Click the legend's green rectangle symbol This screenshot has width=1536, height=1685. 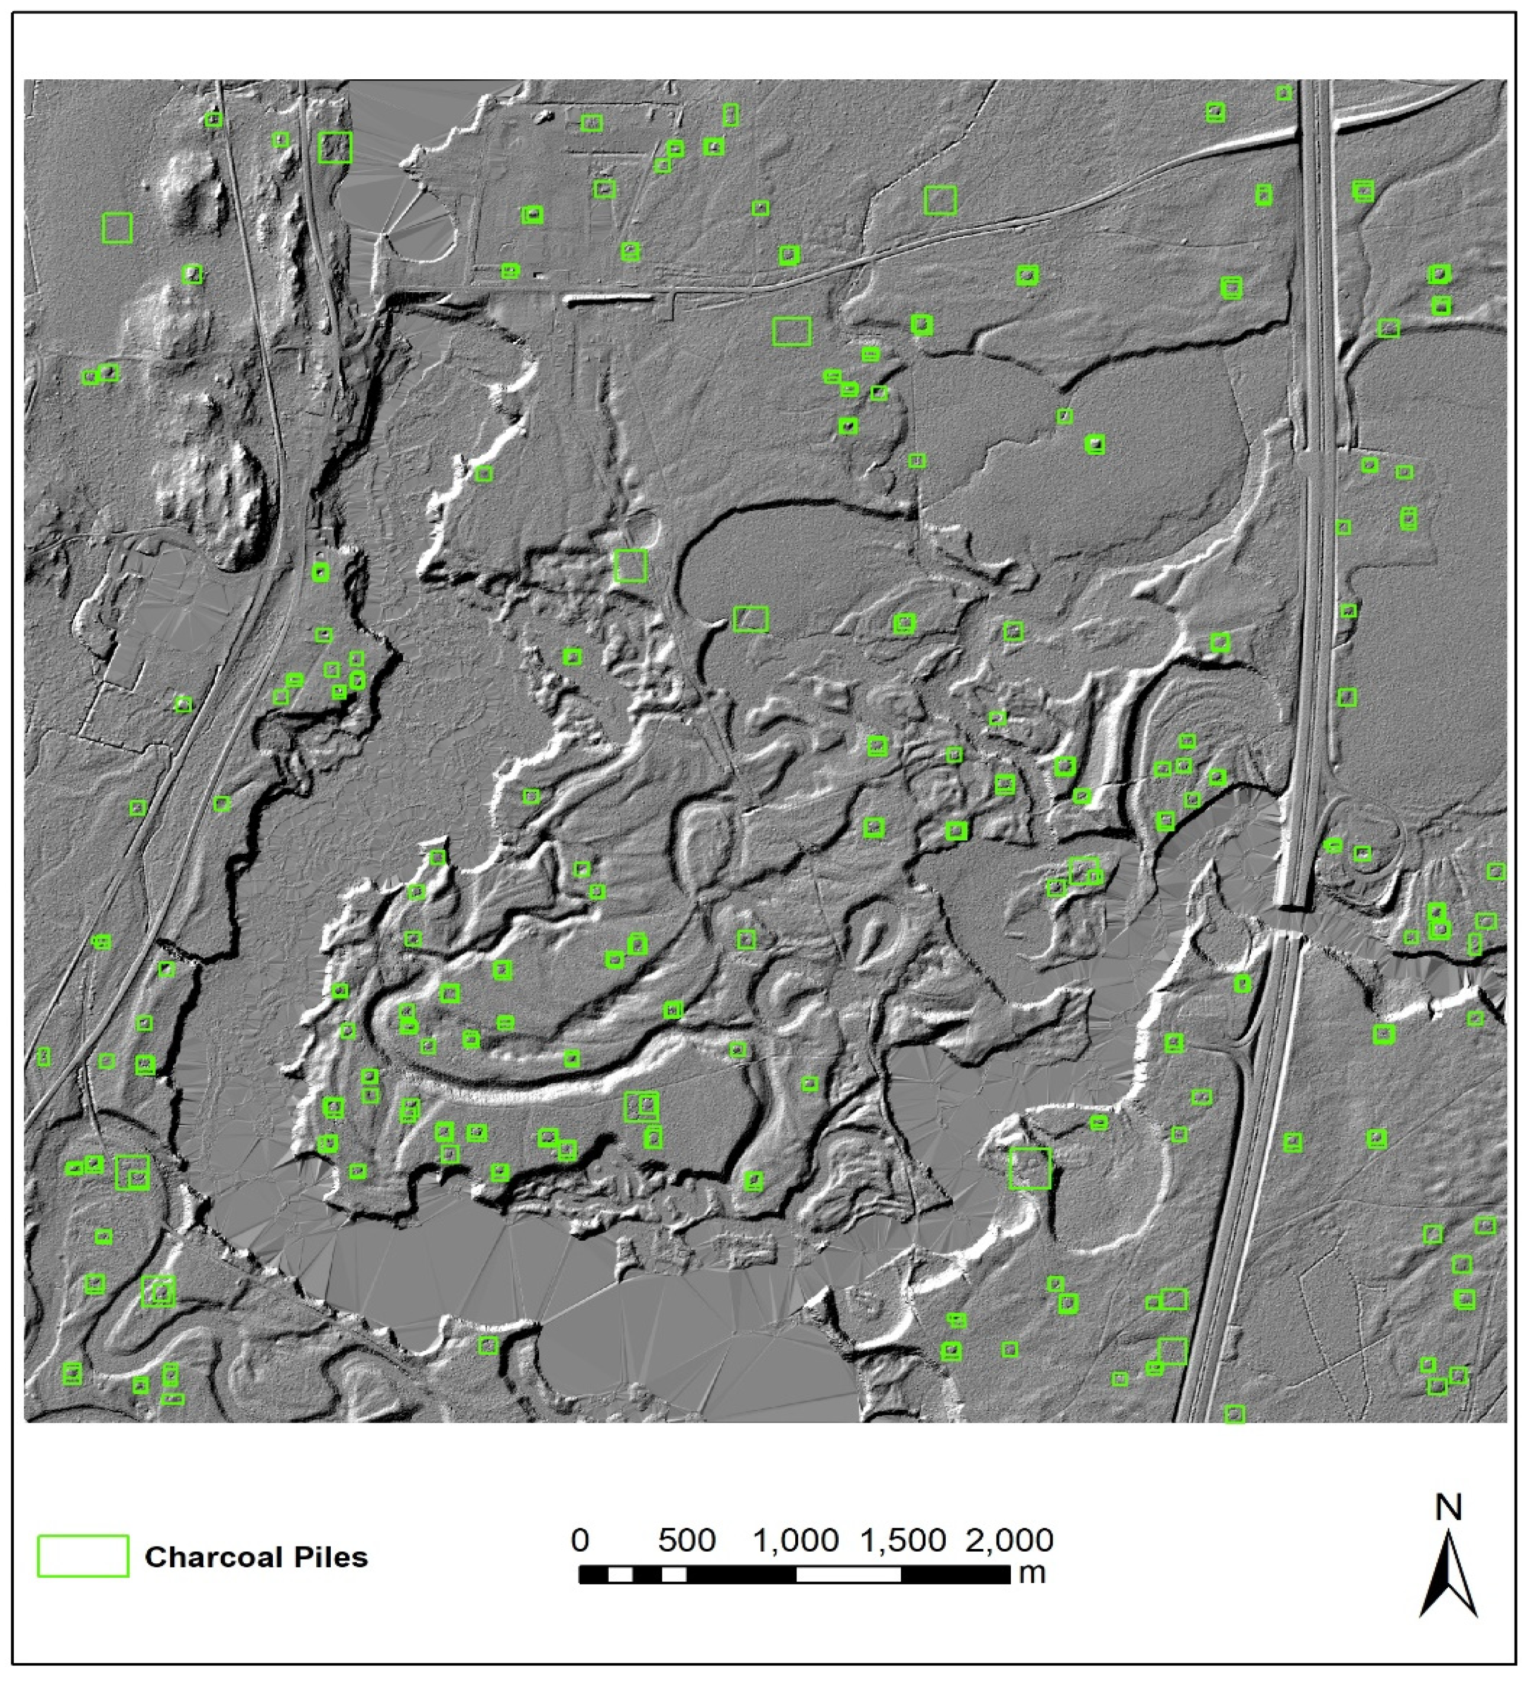point(83,1556)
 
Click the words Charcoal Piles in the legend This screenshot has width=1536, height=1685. point(256,1557)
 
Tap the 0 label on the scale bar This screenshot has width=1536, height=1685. point(580,1540)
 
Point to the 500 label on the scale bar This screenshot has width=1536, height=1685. point(686,1540)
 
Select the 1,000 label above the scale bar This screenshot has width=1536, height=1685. point(796,1540)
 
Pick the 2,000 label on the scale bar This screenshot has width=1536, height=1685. point(1010,1540)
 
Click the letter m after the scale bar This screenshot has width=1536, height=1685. point(1033,1573)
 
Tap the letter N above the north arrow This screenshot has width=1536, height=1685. point(1448,1508)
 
